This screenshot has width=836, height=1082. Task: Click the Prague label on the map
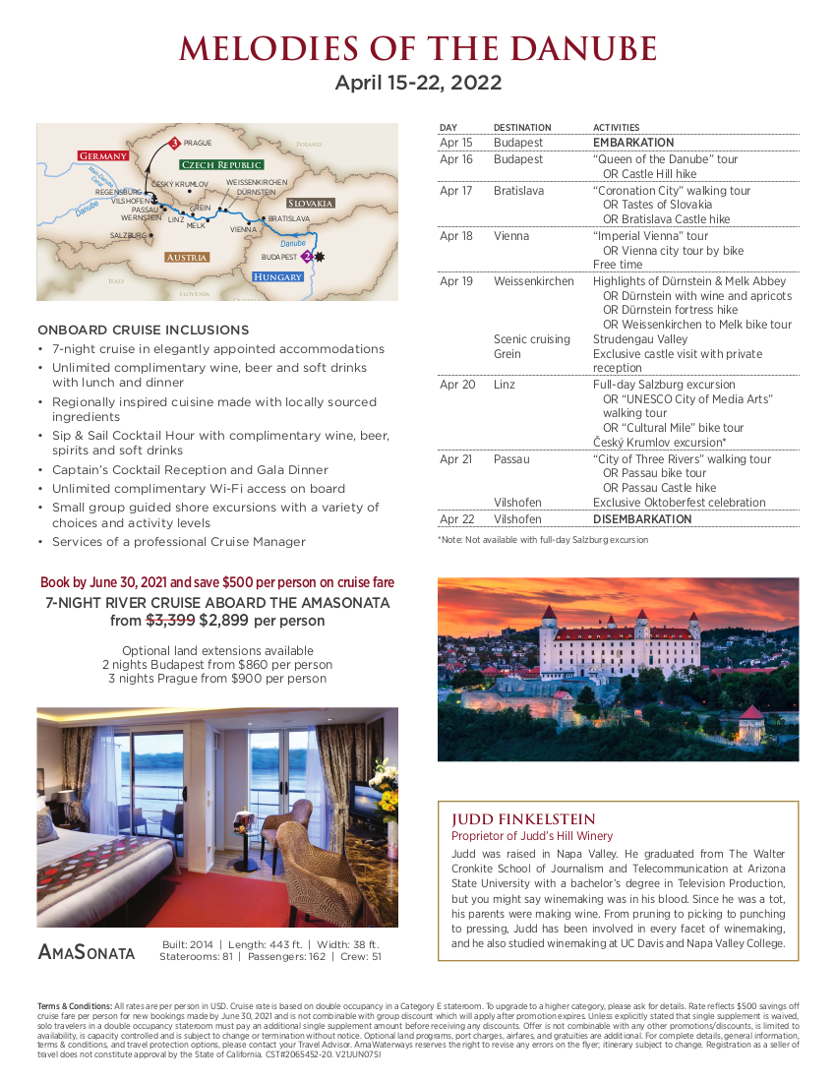(x=198, y=144)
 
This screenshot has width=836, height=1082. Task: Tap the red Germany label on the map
(x=102, y=156)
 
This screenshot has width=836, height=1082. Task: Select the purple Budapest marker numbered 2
(x=307, y=256)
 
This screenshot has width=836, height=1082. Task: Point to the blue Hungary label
(x=277, y=277)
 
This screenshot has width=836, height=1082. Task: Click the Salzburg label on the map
(x=128, y=236)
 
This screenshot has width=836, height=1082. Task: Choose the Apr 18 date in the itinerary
(x=456, y=236)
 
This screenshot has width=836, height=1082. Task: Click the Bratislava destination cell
(x=517, y=191)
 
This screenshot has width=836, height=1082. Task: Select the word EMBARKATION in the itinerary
(x=633, y=143)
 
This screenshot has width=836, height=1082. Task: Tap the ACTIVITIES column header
(x=616, y=128)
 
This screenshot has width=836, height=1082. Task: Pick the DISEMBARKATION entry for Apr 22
(x=641, y=519)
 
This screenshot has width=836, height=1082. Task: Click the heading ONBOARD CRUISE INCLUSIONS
(x=143, y=330)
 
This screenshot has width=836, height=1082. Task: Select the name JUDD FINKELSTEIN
(x=523, y=819)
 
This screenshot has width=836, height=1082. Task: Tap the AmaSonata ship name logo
(x=87, y=952)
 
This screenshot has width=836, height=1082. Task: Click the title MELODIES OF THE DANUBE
(x=418, y=48)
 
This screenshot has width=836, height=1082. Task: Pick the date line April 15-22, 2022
(x=418, y=83)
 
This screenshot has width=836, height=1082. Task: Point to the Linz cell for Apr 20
(x=504, y=385)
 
